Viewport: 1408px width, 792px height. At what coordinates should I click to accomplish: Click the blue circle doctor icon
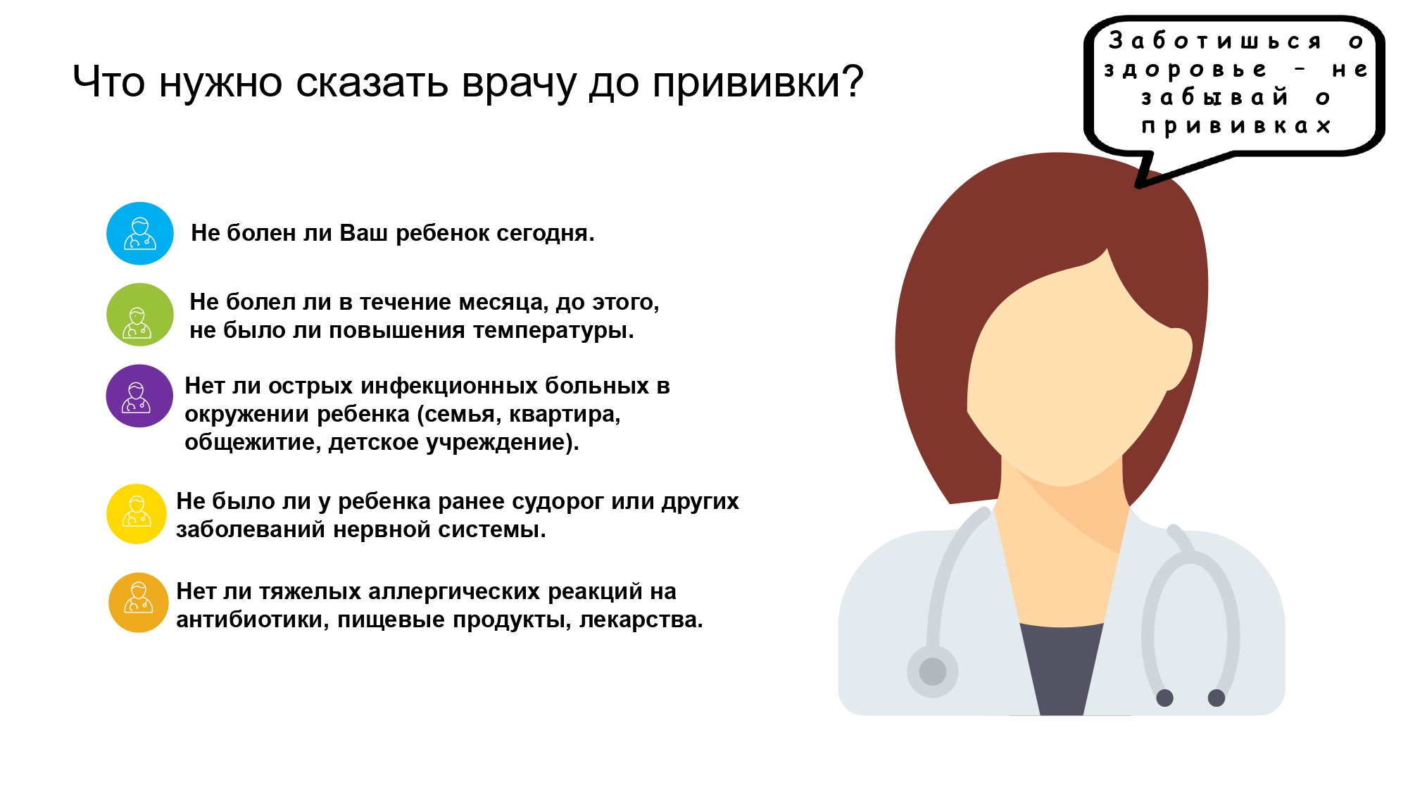pos(140,234)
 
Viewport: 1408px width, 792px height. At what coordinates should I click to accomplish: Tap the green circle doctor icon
pos(140,315)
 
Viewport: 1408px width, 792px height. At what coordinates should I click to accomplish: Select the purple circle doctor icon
pos(139,396)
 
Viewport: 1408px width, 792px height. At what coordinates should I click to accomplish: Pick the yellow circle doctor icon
pos(137,514)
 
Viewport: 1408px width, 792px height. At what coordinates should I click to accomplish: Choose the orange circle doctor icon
pos(139,603)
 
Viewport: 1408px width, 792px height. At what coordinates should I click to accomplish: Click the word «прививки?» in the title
pos(758,84)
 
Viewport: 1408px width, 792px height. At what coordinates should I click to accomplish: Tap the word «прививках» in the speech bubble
pos(1236,126)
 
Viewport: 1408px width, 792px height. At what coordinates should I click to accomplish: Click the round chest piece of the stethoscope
pos(933,672)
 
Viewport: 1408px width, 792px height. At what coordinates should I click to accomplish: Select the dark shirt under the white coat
pos(1061,668)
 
